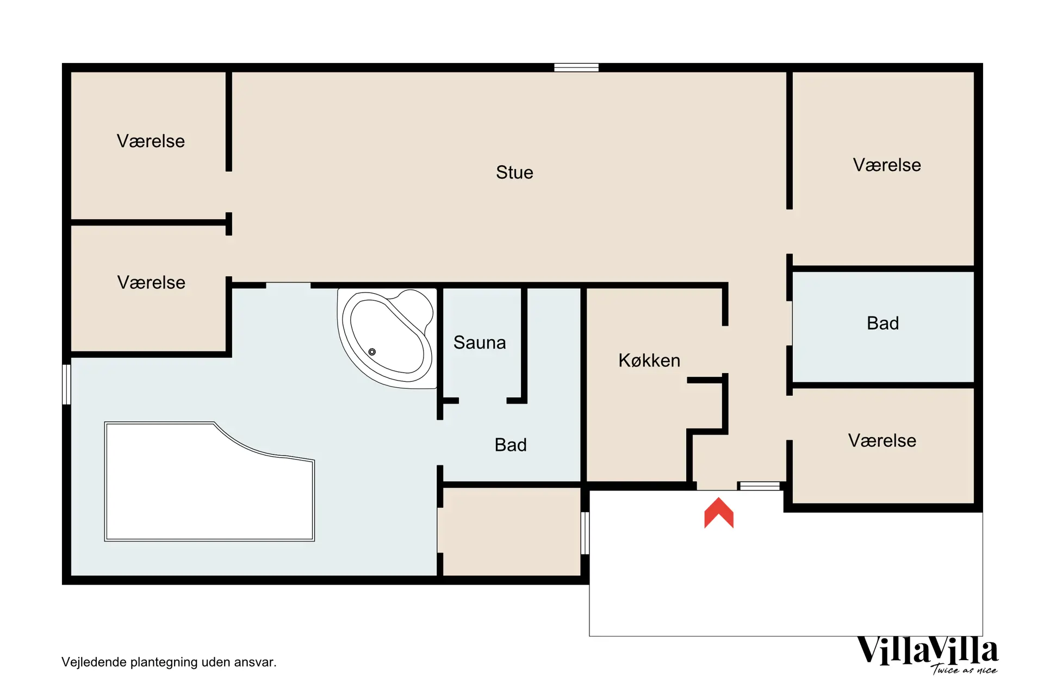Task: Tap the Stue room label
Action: click(514, 172)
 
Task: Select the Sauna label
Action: click(480, 343)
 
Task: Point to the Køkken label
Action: click(649, 360)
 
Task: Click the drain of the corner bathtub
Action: click(372, 352)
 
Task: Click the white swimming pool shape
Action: click(209, 481)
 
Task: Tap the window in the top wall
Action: click(576, 67)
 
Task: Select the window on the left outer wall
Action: click(66, 384)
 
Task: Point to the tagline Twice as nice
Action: click(964, 669)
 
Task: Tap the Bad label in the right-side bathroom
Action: click(883, 323)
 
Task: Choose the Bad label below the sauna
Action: click(511, 445)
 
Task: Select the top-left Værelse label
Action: click(151, 141)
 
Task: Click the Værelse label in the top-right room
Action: click(887, 165)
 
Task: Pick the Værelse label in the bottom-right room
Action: click(882, 440)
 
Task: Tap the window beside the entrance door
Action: click(760, 486)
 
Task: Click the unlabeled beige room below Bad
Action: click(511, 531)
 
